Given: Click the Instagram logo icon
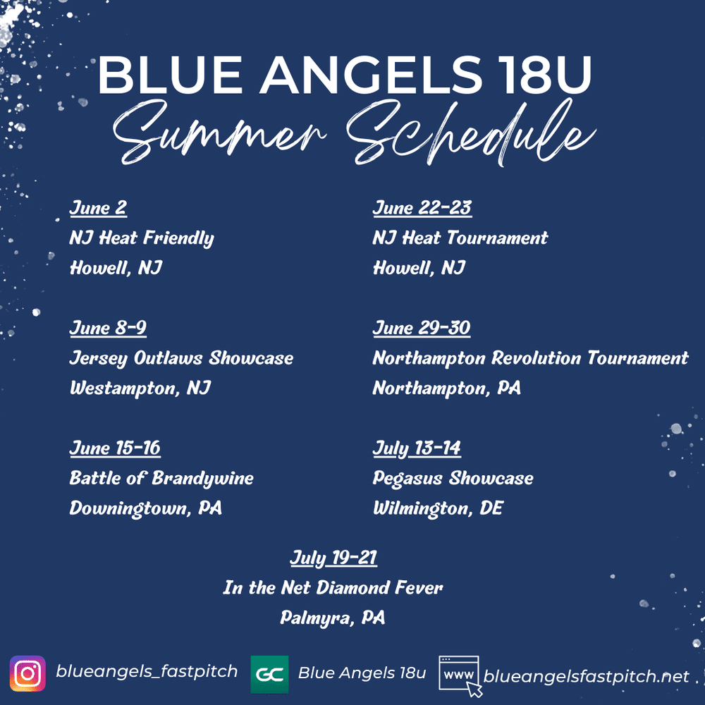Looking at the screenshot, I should (27, 673).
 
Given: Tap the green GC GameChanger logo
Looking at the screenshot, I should (269, 675).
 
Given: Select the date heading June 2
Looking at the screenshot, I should (98, 208).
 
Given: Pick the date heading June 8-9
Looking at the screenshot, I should (108, 328).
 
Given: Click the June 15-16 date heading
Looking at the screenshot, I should (115, 448).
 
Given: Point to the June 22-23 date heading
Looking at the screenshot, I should (422, 208).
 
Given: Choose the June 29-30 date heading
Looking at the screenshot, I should (421, 328).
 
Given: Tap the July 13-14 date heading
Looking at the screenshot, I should (417, 448).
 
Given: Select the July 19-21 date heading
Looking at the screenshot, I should (333, 558).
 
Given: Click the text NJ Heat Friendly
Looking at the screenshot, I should (141, 238).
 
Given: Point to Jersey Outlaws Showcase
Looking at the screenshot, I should (181, 358).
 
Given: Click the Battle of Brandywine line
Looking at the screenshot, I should (161, 479).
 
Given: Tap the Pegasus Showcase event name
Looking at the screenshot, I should (453, 479).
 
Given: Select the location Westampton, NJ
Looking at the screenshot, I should (140, 388).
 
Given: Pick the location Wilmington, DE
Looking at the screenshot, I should (438, 508).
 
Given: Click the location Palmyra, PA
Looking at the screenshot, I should (333, 618).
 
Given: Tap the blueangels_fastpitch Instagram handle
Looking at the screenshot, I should (147, 672).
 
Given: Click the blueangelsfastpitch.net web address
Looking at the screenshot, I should (586, 677).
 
